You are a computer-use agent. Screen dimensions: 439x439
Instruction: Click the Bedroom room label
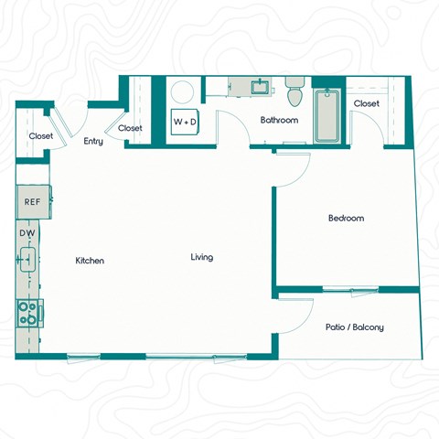tap(347, 219)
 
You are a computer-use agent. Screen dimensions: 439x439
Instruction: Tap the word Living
tap(202, 257)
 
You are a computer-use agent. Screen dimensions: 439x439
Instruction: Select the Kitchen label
tap(90, 261)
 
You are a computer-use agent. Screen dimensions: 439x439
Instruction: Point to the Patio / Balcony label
tap(354, 327)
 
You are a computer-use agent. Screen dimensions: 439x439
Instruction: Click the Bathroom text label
tap(279, 120)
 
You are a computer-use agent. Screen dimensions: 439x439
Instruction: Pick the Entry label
tap(93, 142)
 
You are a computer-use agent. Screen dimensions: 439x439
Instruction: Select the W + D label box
tap(184, 121)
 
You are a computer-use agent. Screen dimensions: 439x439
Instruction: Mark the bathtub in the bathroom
tap(327, 116)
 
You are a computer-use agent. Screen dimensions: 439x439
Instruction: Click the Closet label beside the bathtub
tap(367, 103)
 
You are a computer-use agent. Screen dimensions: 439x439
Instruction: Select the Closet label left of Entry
tap(41, 136)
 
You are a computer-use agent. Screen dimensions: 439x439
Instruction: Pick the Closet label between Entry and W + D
tap(130, 128)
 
